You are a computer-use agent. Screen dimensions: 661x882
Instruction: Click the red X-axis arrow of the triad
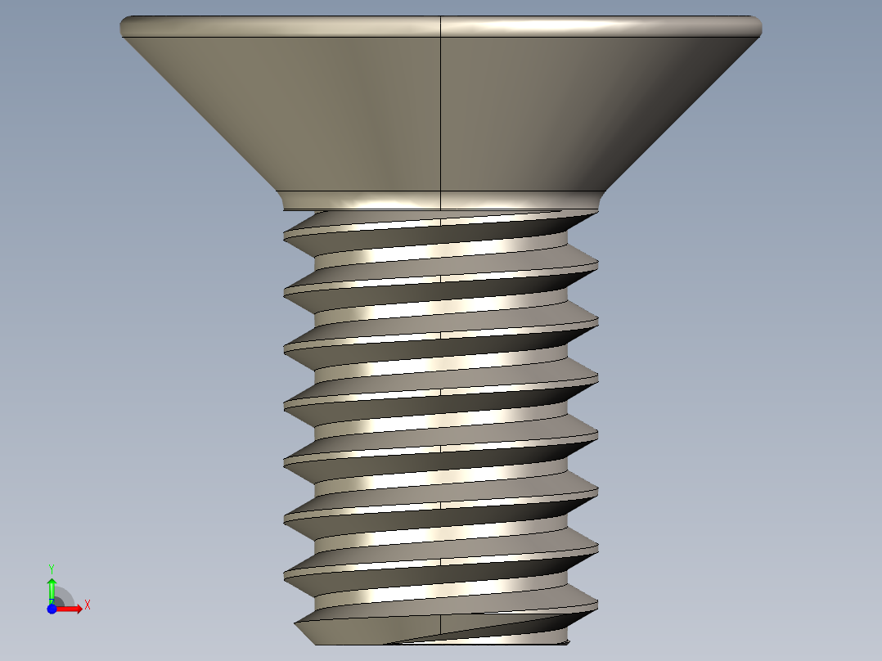pos(72,608)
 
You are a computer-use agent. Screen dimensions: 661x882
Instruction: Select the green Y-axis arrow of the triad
pos(52,587)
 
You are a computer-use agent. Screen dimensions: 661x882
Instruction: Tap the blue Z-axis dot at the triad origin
pos(52,609)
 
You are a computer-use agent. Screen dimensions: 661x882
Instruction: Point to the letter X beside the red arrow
pos(87,605)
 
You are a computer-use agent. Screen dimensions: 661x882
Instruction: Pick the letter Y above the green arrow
pos(51,568)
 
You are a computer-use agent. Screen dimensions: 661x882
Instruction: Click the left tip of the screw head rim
pos(122,27)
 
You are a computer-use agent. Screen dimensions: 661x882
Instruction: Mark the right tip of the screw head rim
pos(760,27)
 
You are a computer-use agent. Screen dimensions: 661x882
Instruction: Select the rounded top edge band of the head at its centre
pos(441,25)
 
